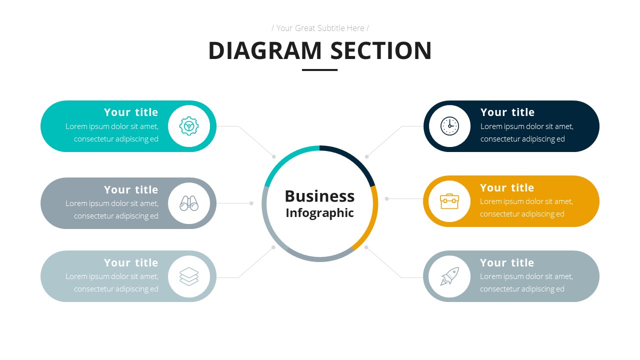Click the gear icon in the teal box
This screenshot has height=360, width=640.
coord(189,126)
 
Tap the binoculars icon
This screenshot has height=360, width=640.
coord(189,203)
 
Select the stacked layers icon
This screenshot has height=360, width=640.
coord(189,276)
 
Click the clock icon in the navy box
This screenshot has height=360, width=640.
coord(449,126)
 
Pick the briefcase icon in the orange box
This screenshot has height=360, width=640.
coord(449,201)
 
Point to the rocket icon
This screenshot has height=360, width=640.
coord(449,276)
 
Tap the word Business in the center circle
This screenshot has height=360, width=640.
coord(319,196)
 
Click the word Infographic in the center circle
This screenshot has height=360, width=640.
coord(319,213)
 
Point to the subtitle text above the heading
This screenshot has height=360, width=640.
coord(320,28)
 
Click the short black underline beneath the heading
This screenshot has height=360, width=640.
coord(319,70)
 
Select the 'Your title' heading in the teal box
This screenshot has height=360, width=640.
coord(131,112)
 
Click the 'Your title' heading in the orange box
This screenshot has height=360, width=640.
coord(507,187)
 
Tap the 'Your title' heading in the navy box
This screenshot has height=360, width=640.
coord(507,112)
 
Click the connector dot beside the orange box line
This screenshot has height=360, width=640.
coord(386,198)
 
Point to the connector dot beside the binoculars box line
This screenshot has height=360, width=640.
coord(251,203)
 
